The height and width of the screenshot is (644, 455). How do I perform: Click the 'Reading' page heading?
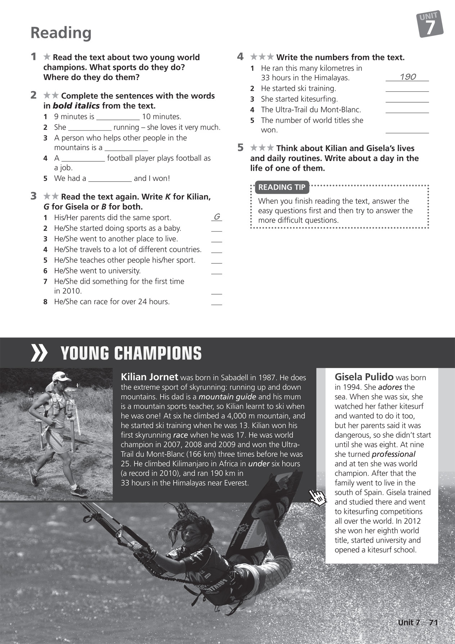pyautogui.click(x=61, y=33)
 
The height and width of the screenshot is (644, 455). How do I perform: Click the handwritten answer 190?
pyautogui.click(x=407, y=77)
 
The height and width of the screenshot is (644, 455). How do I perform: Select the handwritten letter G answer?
pyautogui.click(x=217, y=216)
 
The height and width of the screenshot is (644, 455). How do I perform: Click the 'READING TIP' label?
pyautogui.click(x=281, y=187)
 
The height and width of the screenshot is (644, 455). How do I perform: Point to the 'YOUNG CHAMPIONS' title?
pyautogui.click(x=131, y=353)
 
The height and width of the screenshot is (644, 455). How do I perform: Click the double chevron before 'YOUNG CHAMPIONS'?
pyautogui.click(x=39, y=353)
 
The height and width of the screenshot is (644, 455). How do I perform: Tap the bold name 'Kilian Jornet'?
pyautogui.click(x=149, y=377)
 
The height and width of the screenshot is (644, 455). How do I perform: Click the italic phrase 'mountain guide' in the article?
pyautogui.click(x=227, y=397)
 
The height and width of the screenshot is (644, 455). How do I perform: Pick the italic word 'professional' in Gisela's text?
pyautogui.click(x=393, y=454)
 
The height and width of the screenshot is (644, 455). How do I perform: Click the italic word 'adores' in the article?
pyautogui.click(x=390, y=387)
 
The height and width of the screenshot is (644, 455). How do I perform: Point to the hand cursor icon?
pyautogui.click(x=318, y=498)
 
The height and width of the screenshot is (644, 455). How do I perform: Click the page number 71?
pyautogui.click(x=433, y=623)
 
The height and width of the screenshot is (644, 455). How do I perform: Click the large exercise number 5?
pyautogui.click(x=240, y=148)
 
